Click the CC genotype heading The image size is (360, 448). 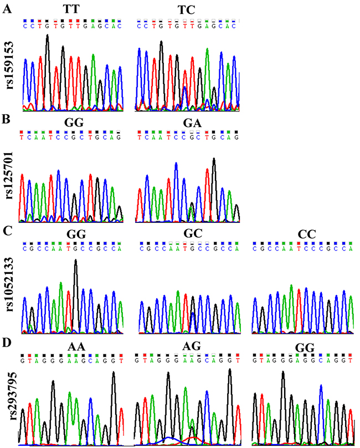[x=304, y=234]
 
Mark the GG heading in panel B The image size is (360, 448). [x=74, y=123]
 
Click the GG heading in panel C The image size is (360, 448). [x=74, y=234]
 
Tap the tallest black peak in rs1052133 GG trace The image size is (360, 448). [x=76, y=262]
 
